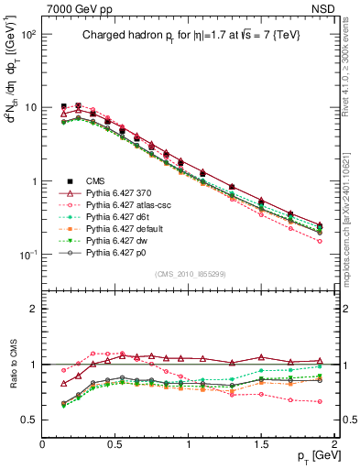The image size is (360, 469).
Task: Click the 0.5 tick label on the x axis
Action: click(116, 443)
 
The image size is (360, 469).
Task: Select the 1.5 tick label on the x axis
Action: click(263, 443)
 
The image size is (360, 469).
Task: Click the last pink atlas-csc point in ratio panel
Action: click(320, 400)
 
